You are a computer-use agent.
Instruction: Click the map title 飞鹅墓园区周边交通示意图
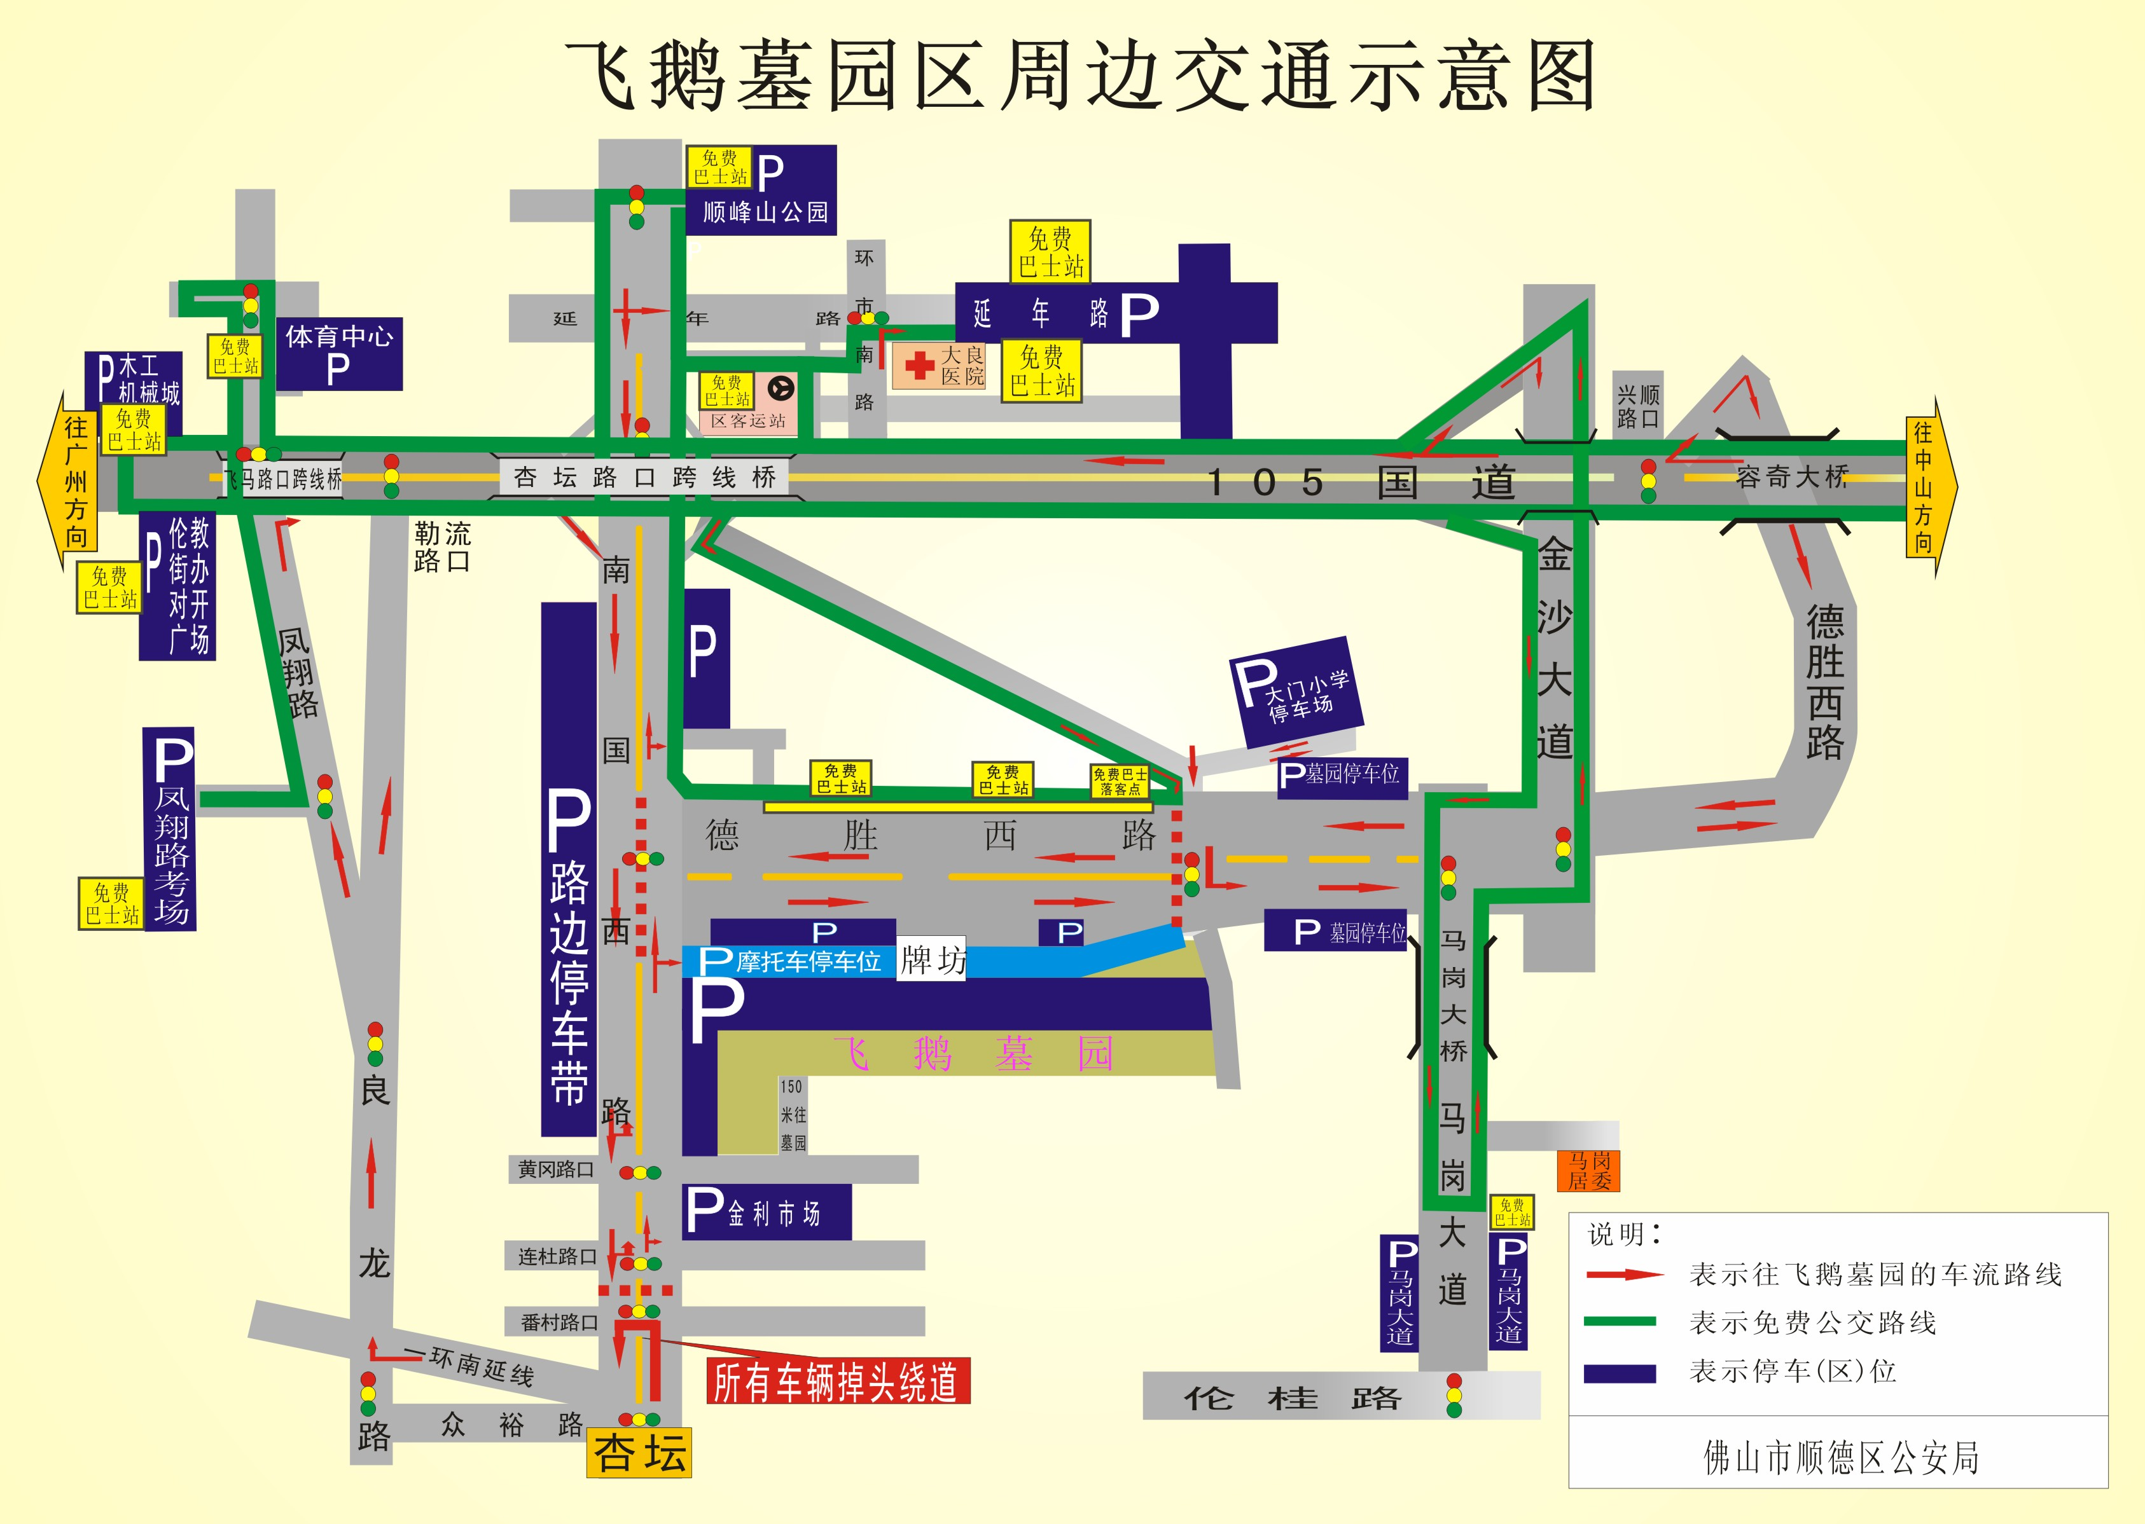[x=1079, y=75]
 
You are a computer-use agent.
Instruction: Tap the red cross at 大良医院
[x=919, y=365]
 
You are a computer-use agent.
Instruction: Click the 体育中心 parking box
[x=339, y=353]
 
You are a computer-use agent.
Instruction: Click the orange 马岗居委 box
[x=1588, y=1171]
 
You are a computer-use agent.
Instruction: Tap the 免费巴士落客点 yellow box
[x=1119, y=781]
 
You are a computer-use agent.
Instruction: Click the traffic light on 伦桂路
[x=1453, y=1396]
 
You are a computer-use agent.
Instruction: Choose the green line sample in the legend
[x=1620, y=1321]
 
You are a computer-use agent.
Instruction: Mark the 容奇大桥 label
[x=1791, y=477]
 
